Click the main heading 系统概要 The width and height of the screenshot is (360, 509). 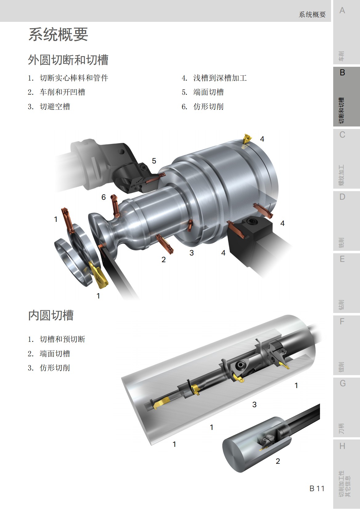[58, 34]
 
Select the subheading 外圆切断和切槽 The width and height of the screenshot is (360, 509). [68, 60]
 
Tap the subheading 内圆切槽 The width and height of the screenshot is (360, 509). [51, 315]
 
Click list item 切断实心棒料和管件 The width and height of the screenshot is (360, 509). [74, 78]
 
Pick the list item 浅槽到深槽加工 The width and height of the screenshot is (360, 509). [220, 78]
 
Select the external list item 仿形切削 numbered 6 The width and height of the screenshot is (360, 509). [208, 106]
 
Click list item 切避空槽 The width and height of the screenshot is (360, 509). [55, 106]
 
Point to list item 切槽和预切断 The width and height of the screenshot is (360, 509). [62, 339]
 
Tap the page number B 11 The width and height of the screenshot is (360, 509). [317, 488]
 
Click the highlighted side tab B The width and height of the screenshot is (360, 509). [342, 73]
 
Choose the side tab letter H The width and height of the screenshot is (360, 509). [342, 446]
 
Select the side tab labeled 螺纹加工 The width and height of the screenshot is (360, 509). [342, 175]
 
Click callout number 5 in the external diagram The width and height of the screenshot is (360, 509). [154, 161]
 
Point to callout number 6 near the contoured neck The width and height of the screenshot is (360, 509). [103, 197]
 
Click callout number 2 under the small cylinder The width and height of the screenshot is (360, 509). [278, 461]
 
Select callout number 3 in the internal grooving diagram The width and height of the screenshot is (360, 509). [254, 404]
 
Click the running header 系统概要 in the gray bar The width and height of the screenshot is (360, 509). [312, 14]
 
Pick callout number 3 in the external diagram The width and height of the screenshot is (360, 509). [192, 253]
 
